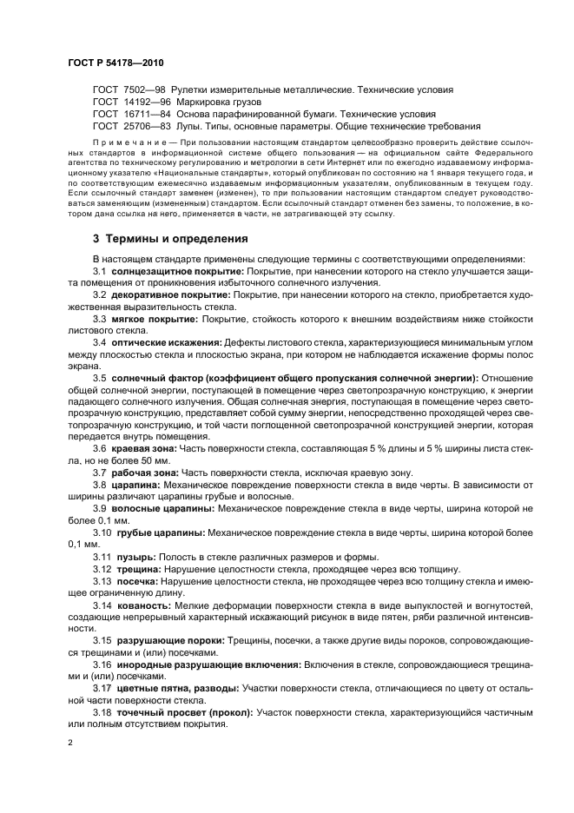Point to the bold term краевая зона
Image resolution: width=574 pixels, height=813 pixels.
click(143, 448)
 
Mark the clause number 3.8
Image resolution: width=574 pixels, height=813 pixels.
click(100, 484)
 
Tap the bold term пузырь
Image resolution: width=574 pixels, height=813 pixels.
click(134, 555)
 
